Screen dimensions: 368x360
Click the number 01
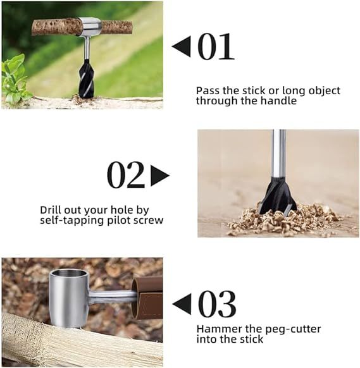point(215,47)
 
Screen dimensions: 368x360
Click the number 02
point(126,175)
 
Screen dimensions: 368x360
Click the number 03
point(216,304)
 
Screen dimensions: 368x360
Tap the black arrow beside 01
point(181,47)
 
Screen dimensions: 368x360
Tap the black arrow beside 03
point(182,304)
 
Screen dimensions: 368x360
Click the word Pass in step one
point(207,90)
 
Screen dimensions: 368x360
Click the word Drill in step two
point(51,209)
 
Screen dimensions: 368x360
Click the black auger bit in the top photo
point(86,80)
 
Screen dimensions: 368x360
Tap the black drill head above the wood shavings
point(278,197)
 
